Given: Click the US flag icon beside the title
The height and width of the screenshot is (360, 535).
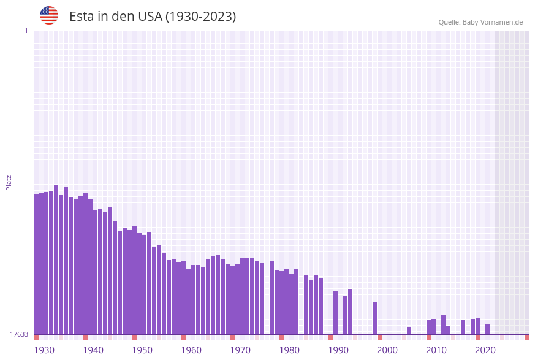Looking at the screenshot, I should pyautogui.click(x=49, y=15).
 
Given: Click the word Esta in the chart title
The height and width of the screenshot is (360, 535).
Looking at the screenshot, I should pyautogui.click(x=82, y=17).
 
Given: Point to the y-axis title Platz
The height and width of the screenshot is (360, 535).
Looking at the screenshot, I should pyautogui.click(x=9, y=182).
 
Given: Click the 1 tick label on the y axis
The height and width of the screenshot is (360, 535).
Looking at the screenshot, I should pyautogui.click(x=26, y=31).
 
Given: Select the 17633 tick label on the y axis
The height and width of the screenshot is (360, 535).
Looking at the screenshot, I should pyautogui.click(x=18, y=334).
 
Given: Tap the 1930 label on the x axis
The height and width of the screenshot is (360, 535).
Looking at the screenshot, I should pyautogui.click(x=44, y=350).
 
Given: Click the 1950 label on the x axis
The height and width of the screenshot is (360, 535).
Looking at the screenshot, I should pyautogui.click(x=142, y=350).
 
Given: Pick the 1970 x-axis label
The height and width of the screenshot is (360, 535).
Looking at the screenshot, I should pyautogui.click(x=240, y=350).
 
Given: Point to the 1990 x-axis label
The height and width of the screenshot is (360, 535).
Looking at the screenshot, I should pyautogui.click(x=338, y=350).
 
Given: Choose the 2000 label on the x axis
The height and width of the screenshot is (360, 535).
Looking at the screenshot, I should pyautogui.click(x=387, y=350).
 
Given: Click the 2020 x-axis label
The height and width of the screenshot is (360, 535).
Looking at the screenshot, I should pyautogui.click(x=485, y=350).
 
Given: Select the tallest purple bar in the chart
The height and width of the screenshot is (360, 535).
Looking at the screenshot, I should pyautogui.click(x=56, y=259).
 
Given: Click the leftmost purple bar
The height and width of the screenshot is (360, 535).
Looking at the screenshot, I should pyautogui.click(x=36, y=264).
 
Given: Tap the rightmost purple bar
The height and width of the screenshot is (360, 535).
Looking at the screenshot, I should pyautogui.click(x=487, y=329).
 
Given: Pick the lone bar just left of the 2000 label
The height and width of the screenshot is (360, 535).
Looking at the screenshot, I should pyautogui.click(x=374, y=318).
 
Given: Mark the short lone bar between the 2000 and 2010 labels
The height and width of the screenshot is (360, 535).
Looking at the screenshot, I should pyautogui.click(x=409, y=331).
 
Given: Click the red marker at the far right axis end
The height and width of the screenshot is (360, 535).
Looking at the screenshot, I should pyautogui.click(x=526, y=337).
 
